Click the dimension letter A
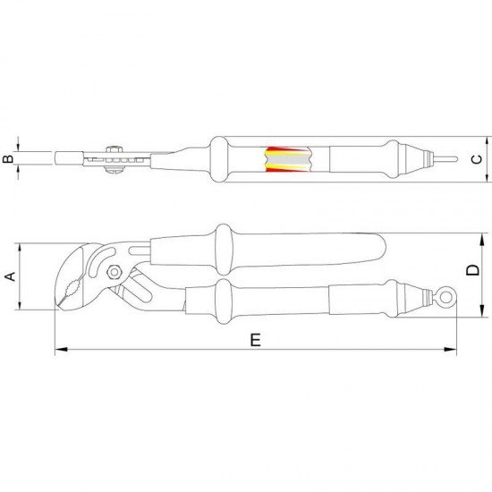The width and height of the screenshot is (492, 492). pos(11,276)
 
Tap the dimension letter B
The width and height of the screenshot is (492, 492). pos(8,158)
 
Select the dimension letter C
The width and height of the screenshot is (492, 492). pos(477,159)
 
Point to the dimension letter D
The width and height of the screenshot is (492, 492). pos(472,270)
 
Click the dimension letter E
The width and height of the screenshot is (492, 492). pos(256,340)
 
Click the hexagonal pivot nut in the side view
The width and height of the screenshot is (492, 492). pos(115,272)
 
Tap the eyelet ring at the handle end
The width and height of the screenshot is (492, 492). pos(445,296)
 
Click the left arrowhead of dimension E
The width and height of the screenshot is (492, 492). pos(61,349)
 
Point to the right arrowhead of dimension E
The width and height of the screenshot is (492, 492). pos(451,349)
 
